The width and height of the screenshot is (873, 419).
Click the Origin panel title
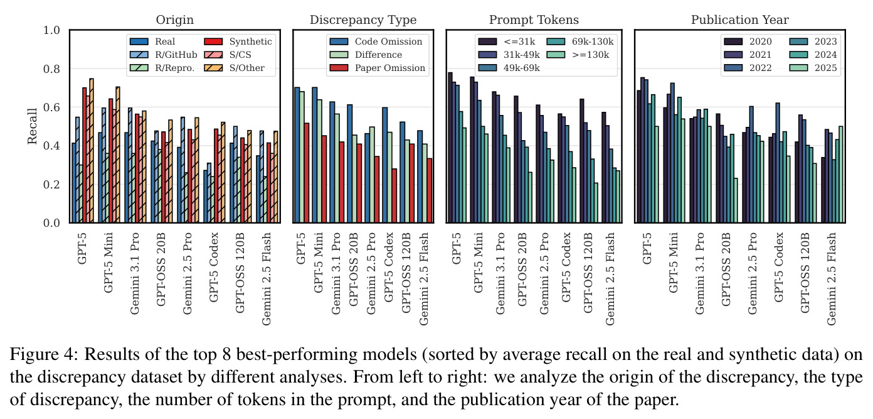click(x=174, y=20)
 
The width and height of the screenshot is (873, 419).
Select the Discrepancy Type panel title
click(x=363, y=20)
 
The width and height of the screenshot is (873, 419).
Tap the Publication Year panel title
click(x=739, y=20)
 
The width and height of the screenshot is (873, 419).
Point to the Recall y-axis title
click(x=33, y=126)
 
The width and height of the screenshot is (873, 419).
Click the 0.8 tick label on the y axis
click(x=51, y=68)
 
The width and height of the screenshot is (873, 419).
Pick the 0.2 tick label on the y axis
click(x=51, y=184)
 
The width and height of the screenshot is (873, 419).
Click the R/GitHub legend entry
click(x=164, y=55)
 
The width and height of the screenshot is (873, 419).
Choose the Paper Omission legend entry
click(x=378, y=68)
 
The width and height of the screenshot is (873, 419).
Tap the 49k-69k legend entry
click(x=509, y=68)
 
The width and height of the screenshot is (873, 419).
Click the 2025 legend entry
click(x=813, y=68)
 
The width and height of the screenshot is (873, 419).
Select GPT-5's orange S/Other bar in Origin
click(x=92, y=151)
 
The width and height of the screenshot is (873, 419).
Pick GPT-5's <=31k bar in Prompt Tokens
click(x=450, y=148)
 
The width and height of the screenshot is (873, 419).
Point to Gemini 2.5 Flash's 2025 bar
click(x=840, y=175)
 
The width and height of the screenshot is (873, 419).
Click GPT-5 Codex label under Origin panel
click(x=214, y=267)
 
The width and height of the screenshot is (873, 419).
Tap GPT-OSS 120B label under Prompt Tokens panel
click(x=588, y=273)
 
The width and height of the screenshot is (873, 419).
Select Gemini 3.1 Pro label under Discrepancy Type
click(x=336, y=273)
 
